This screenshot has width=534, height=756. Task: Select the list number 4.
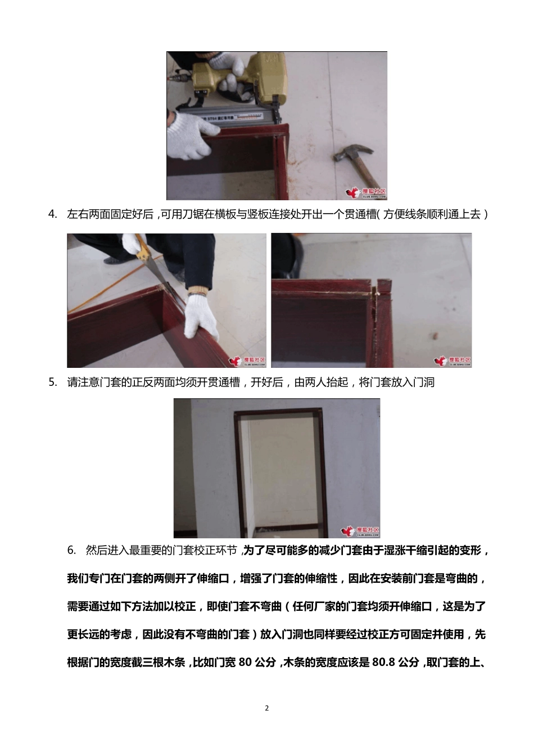pyautogui.click(x=53, y=214)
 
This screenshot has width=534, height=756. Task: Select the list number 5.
pyautogui.click(x=53, y=382)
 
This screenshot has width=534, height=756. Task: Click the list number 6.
pyautogui.click(x=71, y=550)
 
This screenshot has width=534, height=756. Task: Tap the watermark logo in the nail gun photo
pyautogui.click(x=366, y=192)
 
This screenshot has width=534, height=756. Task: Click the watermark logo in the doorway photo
pyautogui.click(x=360, y=530)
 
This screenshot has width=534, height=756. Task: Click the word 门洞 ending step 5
pyautogui.click(x=424, y=382)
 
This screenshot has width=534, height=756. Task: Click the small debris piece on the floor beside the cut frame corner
pyautogui.click(x=434, y=336)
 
